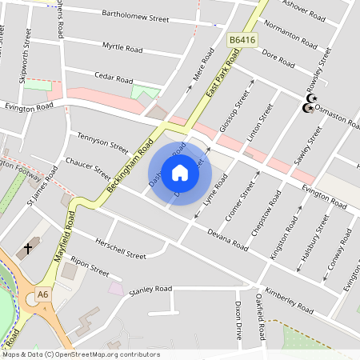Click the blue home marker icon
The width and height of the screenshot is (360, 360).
[180, 172]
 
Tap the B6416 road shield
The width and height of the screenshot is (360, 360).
[243, 38]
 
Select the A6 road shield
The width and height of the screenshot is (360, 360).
[42, 296]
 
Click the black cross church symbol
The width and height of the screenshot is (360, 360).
[28, 249]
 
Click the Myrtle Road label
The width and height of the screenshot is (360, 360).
[122, 49]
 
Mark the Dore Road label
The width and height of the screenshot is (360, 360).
[279, 58]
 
